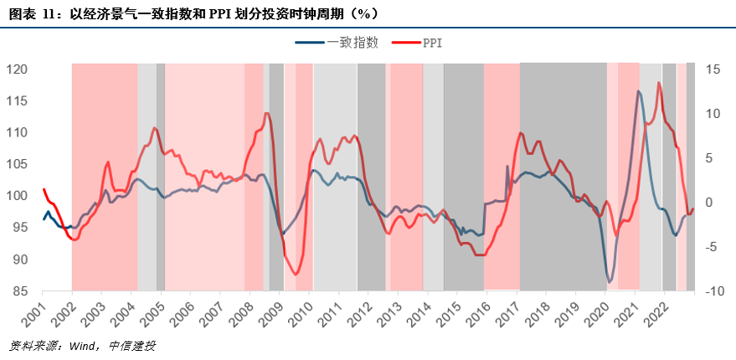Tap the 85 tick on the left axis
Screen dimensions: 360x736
(19, 291)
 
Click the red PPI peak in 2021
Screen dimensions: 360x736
(659, 82)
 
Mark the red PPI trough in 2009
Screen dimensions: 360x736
(296, 274)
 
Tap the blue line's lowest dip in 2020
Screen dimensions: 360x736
(610, 281)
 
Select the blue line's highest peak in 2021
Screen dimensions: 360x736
(639, 91)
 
